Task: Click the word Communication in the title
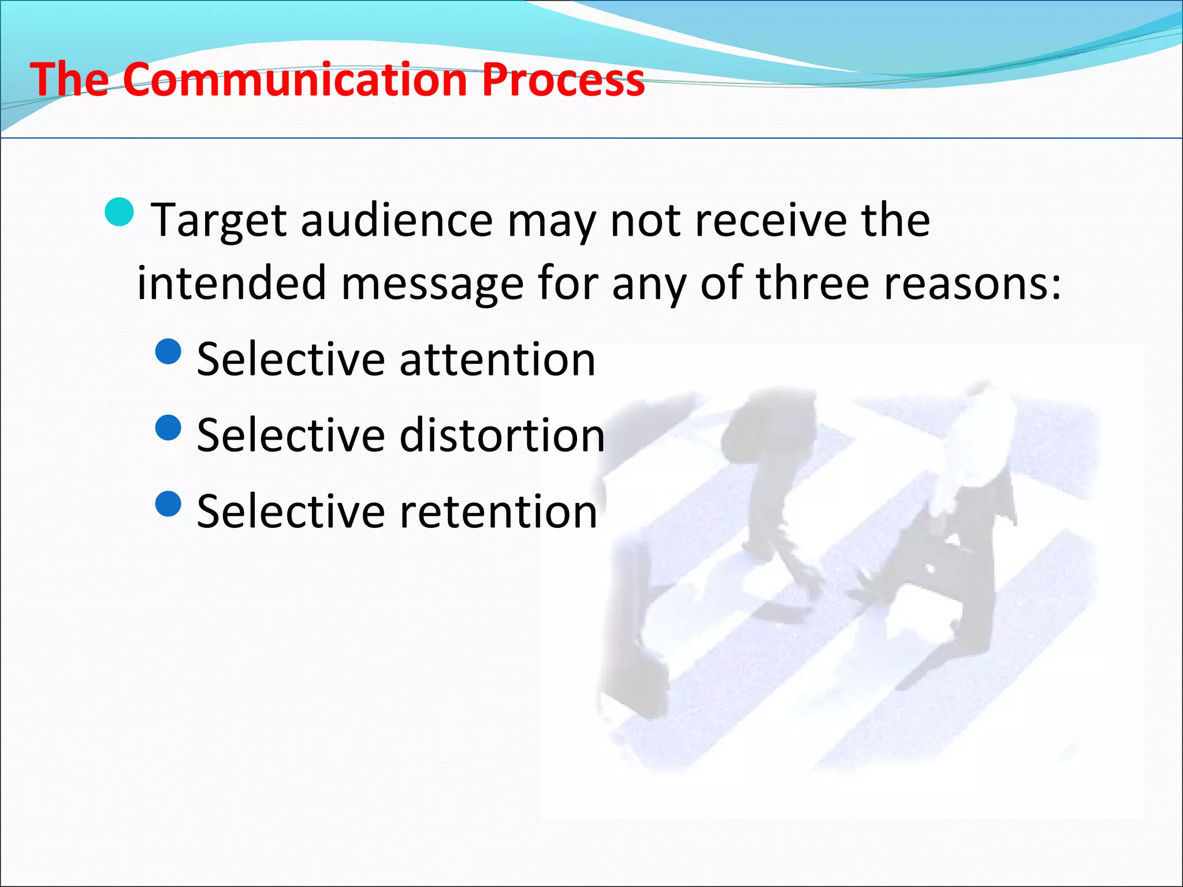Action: [x=295, y=80]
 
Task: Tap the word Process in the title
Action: [x=563, y=80]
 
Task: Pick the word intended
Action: [x=232, y=283]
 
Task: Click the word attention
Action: [x=497, y=360]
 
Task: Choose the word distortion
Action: [x=502, y=435]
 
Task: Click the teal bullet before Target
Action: [x=120, y=212]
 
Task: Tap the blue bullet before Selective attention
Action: [x=169, y=351]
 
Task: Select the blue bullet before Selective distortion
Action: [x=169, y=427]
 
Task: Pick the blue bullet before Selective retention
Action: [x=169, y=504]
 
